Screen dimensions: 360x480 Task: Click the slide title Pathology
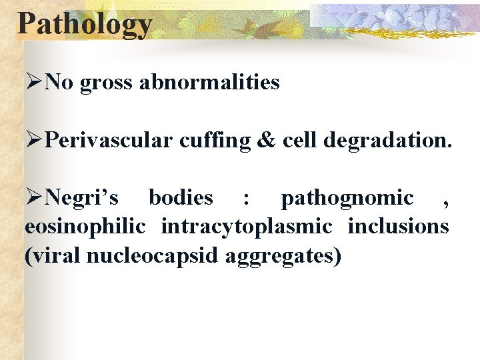85,24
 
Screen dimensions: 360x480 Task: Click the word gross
107,83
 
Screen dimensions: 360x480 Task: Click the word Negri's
83,198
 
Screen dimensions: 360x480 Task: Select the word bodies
181,198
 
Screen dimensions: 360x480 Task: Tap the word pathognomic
347,198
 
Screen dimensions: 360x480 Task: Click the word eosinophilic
85,227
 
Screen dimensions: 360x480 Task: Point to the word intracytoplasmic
247,227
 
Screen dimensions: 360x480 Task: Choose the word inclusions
398,227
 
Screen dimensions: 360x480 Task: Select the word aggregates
283,256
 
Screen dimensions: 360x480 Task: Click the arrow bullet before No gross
35,83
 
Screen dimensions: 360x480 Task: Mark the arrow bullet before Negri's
35,198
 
